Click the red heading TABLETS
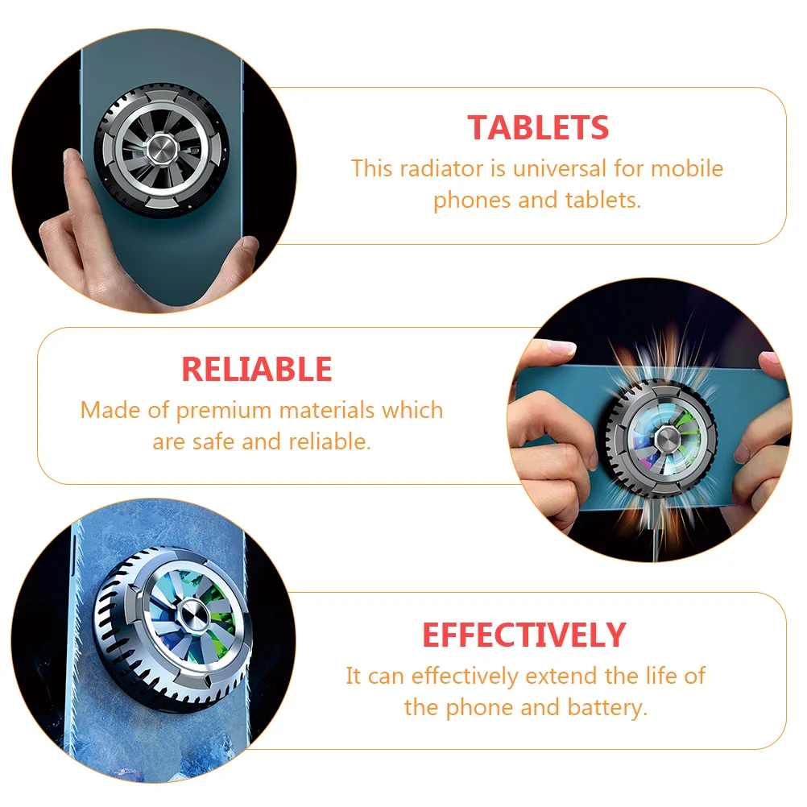pos(538,127)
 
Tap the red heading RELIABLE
pos(257,369)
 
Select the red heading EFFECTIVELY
pos(524,635)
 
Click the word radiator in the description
pos(441,169)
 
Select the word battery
pos(607,708)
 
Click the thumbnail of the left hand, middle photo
pos(560,349)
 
